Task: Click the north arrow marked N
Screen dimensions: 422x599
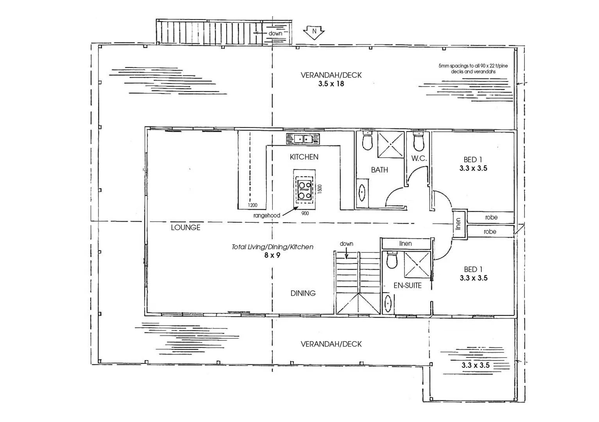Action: point(314,32)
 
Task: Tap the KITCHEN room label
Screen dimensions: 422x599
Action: point(304,157)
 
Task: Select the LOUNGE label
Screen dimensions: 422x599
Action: point(186,227)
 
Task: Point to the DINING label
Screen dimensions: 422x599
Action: point(303,293)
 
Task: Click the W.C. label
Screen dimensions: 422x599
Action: point(418,159)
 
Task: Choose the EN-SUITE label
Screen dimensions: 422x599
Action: point(408,286)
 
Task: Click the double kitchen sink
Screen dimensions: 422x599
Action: point(303,138)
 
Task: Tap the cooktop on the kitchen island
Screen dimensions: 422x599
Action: point(304,190)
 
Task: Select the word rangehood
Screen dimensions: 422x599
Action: point(266,215)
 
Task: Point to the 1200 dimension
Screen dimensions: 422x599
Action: point(252,205)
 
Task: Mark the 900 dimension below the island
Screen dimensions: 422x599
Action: point(305,213)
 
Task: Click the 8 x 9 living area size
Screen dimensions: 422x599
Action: point(272,255)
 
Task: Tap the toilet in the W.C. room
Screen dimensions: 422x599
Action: point(418,142)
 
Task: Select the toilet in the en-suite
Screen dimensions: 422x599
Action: point(392,260)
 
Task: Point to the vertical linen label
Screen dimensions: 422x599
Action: point(459,224)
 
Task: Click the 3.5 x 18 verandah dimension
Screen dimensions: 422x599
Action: point(331,84)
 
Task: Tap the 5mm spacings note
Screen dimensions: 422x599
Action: point(473,69)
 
